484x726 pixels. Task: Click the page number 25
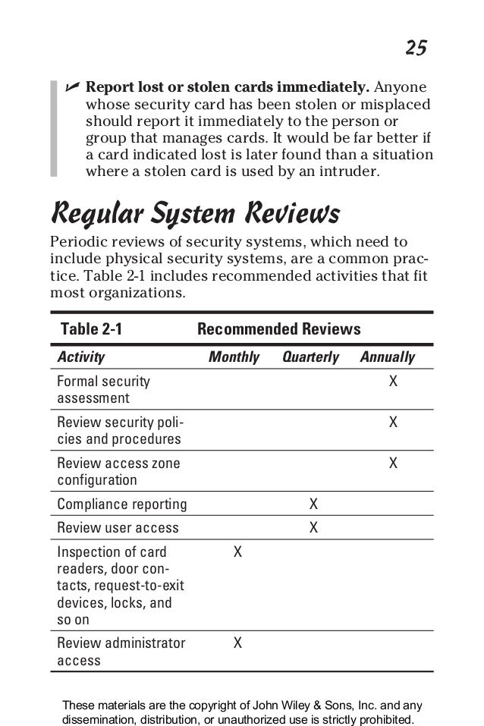(415, 49)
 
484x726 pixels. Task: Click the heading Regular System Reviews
(194, 213)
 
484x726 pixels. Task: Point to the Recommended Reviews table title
(278, 329)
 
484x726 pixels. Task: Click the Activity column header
(81, 357)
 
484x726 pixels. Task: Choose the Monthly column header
(234, 357)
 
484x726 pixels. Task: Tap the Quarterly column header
(310, 357)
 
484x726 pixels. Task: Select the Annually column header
(387, 357)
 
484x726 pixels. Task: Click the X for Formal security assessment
(393, 381)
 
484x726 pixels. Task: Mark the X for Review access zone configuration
(393, 463)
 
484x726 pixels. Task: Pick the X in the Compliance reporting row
(313, 504)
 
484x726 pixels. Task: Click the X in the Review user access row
(313, 527)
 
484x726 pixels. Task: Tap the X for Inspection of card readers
(238, 552)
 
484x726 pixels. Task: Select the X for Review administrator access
(238, 643)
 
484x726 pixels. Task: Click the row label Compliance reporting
(122, 504)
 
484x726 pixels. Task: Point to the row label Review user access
(118, 527)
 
